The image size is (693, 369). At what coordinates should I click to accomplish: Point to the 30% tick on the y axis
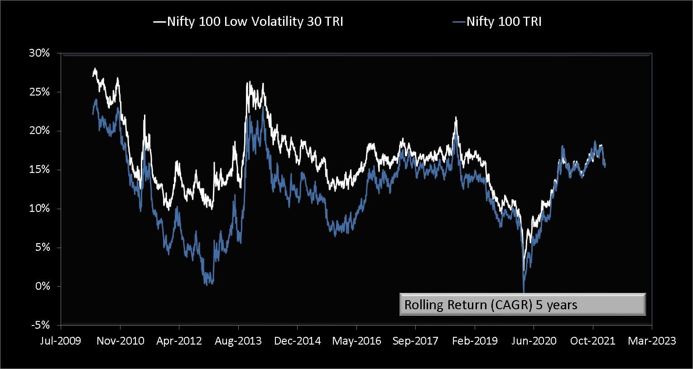pos(39,53)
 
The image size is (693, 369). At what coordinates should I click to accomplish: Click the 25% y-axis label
pos(39,92)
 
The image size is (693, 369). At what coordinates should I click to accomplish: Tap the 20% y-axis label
pos(39,131)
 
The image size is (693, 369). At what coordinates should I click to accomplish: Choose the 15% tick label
pos(39,170)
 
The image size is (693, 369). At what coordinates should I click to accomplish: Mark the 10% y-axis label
pos(39,209)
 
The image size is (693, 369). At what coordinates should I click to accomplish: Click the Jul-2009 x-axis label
pos(60,341)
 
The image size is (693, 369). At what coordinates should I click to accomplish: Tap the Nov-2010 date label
pos(120,341)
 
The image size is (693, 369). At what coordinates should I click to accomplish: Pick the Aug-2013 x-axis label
pos(238,341)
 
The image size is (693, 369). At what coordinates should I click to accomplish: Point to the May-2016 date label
pos(356,341)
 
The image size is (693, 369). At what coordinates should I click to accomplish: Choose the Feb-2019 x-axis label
pos(475,341)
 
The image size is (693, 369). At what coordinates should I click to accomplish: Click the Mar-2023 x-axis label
pos(651,341)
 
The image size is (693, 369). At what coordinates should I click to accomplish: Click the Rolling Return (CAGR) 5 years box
pos(522,305)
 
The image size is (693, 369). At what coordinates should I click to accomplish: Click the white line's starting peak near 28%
pos(95,69)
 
